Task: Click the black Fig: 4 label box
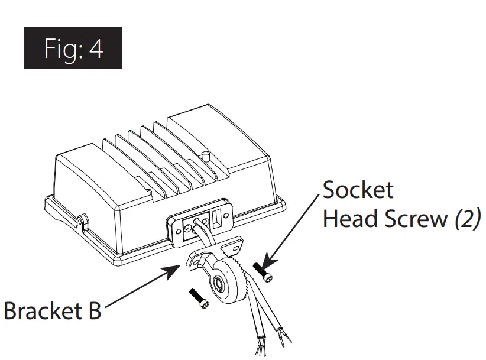pos(73,48)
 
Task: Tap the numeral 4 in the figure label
pos(96,49)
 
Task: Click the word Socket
pos(357,190)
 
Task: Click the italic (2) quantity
pos(467,219)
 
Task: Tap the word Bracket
pos(44,310)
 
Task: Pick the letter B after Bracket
pos(93,310)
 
